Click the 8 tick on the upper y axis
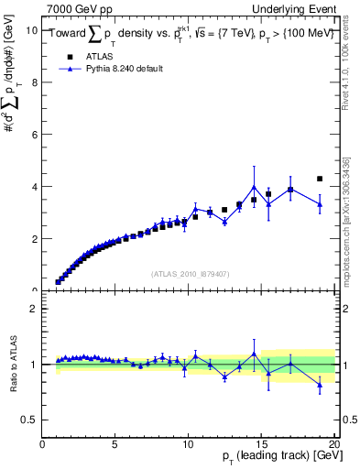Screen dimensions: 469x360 (34, 82)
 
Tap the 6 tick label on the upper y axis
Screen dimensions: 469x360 (34, 135)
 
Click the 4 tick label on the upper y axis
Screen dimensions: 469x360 (34, 187)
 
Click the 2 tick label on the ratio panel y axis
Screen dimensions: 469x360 (34, 309)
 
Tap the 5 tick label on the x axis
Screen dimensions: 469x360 (115, 444)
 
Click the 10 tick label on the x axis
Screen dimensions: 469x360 (188, 444)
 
